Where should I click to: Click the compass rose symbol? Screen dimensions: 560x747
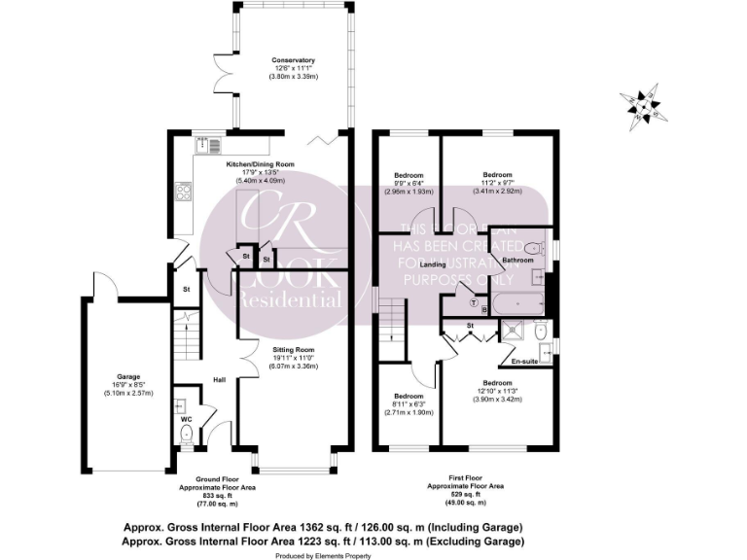[642, 104]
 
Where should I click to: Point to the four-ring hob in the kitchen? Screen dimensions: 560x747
[184, 190]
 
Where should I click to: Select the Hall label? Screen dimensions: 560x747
[220, 379]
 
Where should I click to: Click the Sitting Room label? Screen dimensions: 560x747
[293, 349]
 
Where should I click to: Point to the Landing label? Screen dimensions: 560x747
[433, 264]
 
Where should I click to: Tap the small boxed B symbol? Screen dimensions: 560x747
[484, 310]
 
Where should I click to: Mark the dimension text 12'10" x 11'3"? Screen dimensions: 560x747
[499, 391]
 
